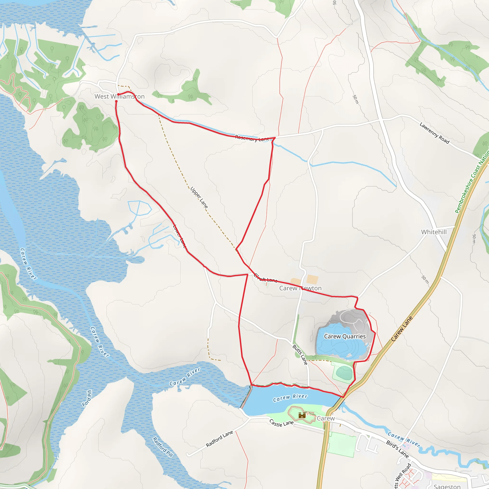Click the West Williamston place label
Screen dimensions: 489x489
click(119, 96)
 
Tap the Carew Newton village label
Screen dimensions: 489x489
click(300, 288)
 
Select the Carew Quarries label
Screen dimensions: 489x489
click(345, 336)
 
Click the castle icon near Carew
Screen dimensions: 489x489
click(302, 415)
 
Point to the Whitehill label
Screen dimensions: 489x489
click(434, 232)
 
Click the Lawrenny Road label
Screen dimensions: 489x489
click(434, 133)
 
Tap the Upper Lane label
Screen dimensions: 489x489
click(199, 198)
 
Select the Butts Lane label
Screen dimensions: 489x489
click(300, 355)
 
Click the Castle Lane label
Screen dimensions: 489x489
click(282, 423)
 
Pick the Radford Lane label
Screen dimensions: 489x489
click(219, 439)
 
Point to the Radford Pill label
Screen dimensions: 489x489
click(163, 447)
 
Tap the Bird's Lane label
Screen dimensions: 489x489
click(397, 449)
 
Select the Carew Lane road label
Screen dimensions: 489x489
click(402, 329)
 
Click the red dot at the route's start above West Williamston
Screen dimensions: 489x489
click(118, 94)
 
